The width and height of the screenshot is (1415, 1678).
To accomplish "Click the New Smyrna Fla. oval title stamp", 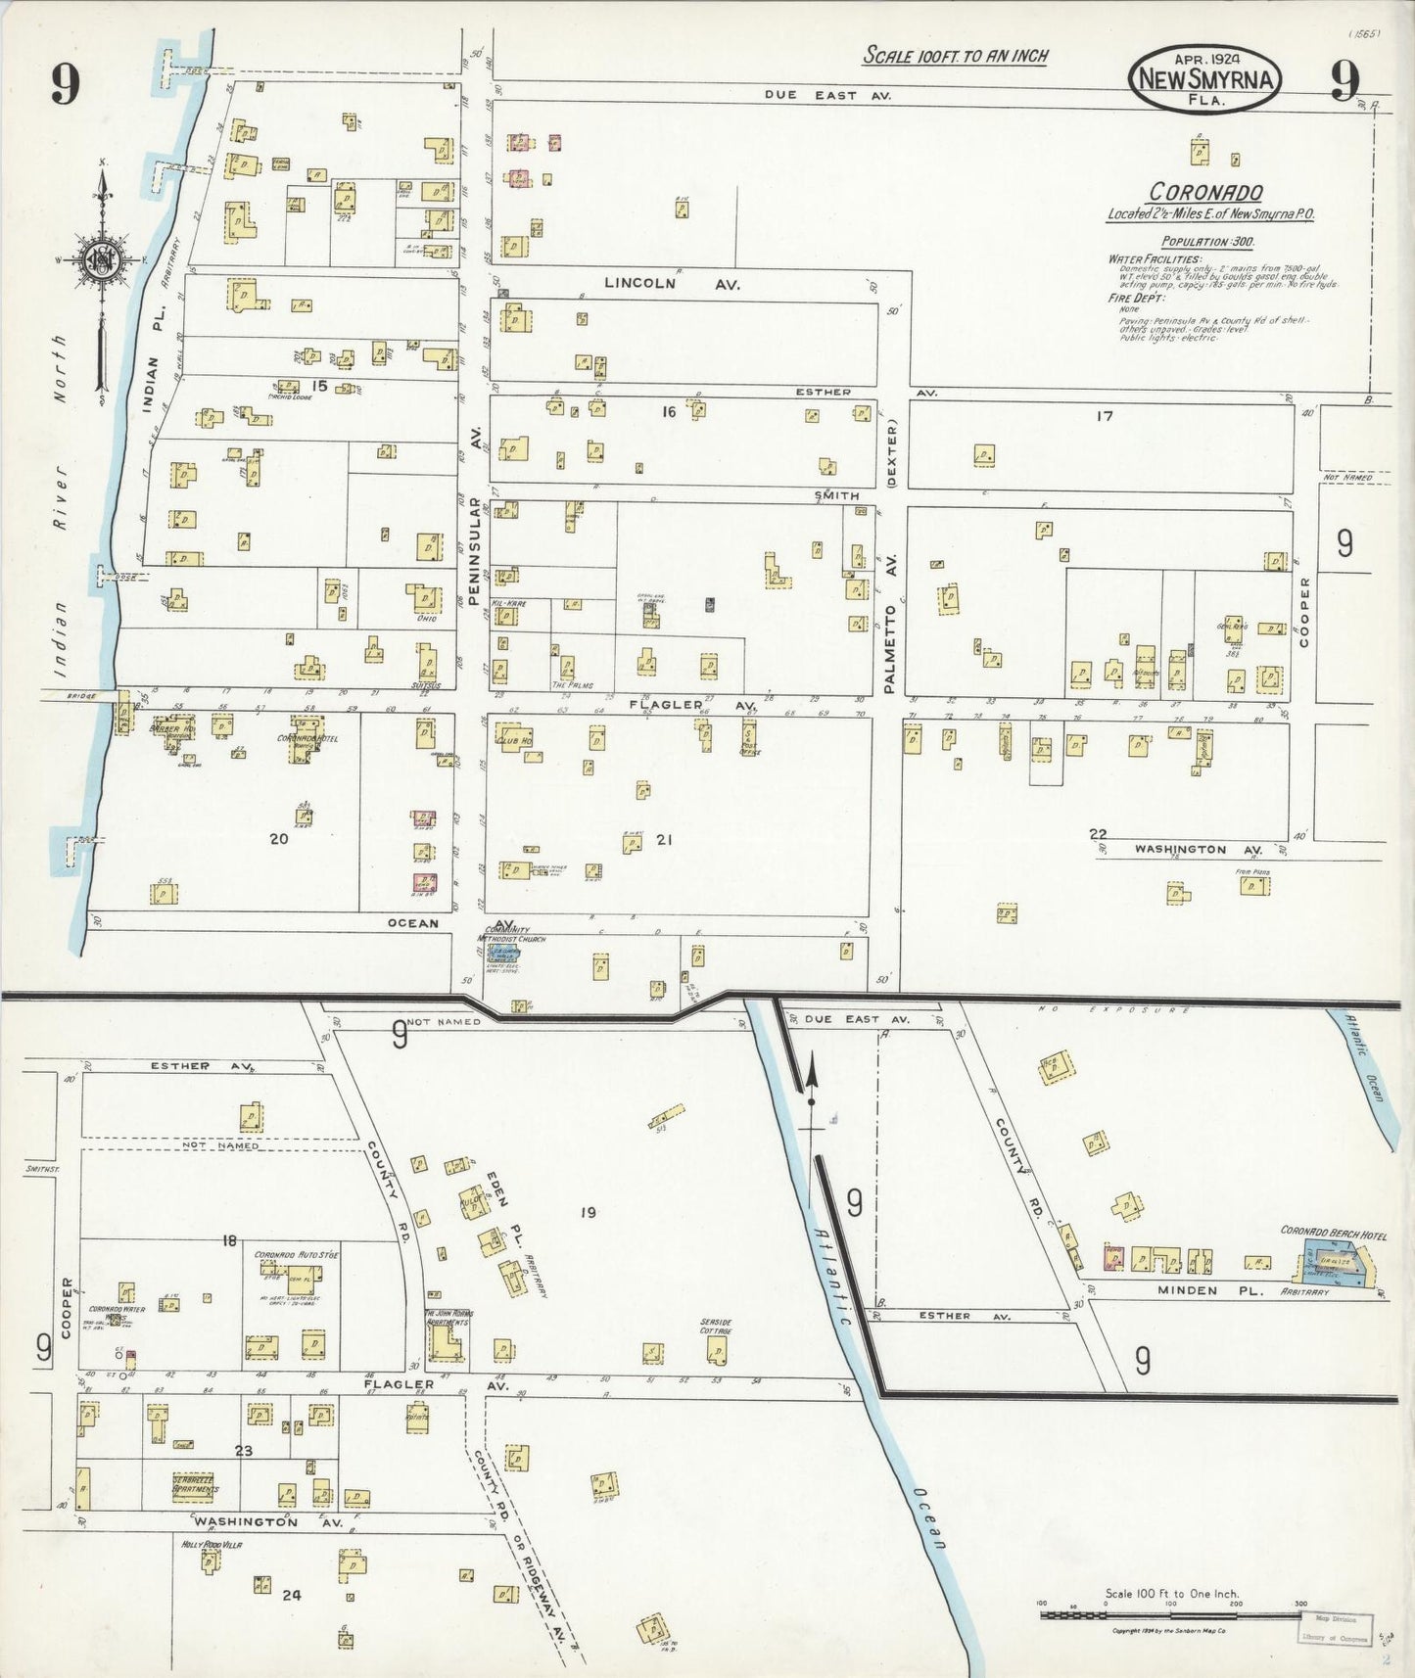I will (x=1205, y=79).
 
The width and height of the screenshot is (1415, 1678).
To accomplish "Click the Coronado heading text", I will (x=1205, y=193).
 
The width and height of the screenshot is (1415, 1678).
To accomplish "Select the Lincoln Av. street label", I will (x=672, y=284).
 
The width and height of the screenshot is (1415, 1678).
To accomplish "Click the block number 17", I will (x=1105, y=416).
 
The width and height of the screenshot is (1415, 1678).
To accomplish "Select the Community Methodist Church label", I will (x=515, y=936).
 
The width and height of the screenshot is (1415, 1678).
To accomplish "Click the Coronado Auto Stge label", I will (x=297, y=1255).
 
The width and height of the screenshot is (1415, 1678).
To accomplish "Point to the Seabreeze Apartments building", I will (x=196, y=1485).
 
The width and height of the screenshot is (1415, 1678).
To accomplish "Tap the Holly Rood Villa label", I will (x=212, y=1545).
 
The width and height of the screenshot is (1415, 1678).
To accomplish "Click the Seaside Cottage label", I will (x=716, y=1327).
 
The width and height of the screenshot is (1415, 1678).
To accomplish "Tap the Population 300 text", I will (x=1207, y=242).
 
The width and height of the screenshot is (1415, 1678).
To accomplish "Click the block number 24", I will (x=291, y=1595).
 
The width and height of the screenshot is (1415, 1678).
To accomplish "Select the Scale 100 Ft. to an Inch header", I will (x=955, y=56).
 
